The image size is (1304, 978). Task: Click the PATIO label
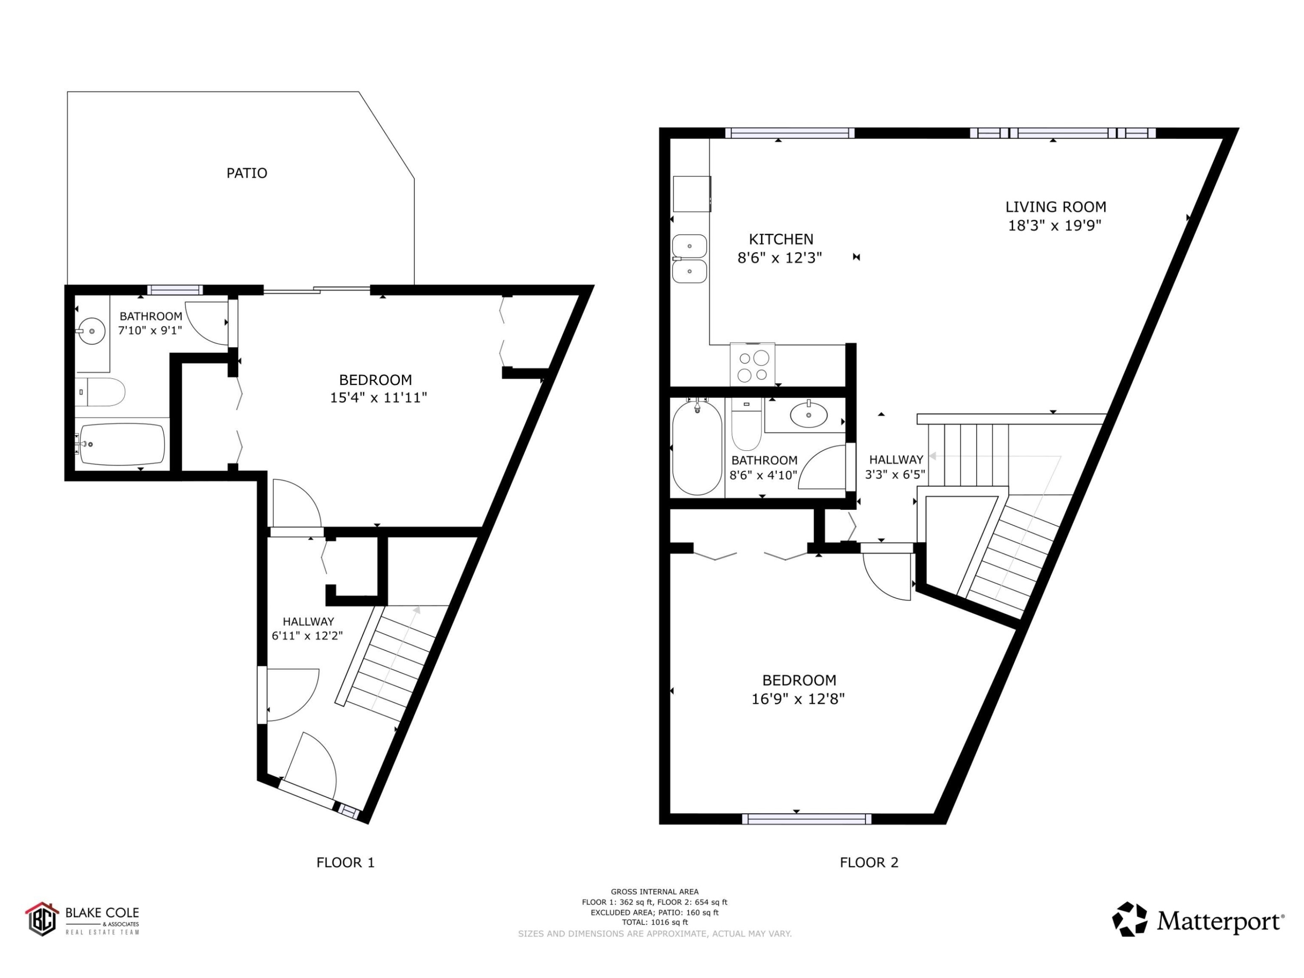[x=247, y=173]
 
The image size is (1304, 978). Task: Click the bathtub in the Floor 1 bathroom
[x=123, y=444]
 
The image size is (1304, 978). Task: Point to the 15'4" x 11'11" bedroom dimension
[x=378, y=398]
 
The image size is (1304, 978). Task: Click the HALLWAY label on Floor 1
[x=308, y=621]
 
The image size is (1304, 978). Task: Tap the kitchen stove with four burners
[x=752, y=365]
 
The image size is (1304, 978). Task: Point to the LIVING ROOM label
[x=1055, y=207]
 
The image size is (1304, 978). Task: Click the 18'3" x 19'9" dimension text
[x=1055, y=226]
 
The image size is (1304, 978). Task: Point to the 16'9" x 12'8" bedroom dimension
[x=798, y=699]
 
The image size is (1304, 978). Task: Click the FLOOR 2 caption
[x=869, y=862]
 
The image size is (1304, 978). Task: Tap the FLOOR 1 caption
[x=346, y=862]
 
